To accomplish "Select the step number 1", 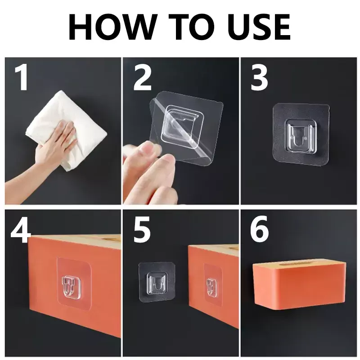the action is [22, 77].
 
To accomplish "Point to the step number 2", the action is [142, 77].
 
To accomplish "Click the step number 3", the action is [260, 77].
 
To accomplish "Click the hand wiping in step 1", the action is [46, 156].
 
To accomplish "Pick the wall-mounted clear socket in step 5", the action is [157, 284].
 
